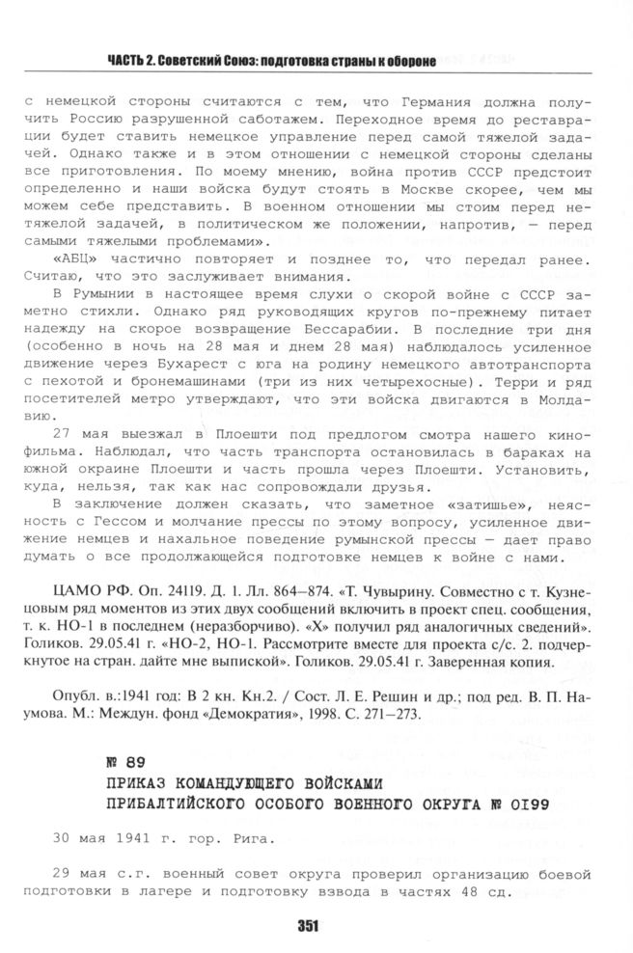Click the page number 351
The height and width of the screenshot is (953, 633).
308,926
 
